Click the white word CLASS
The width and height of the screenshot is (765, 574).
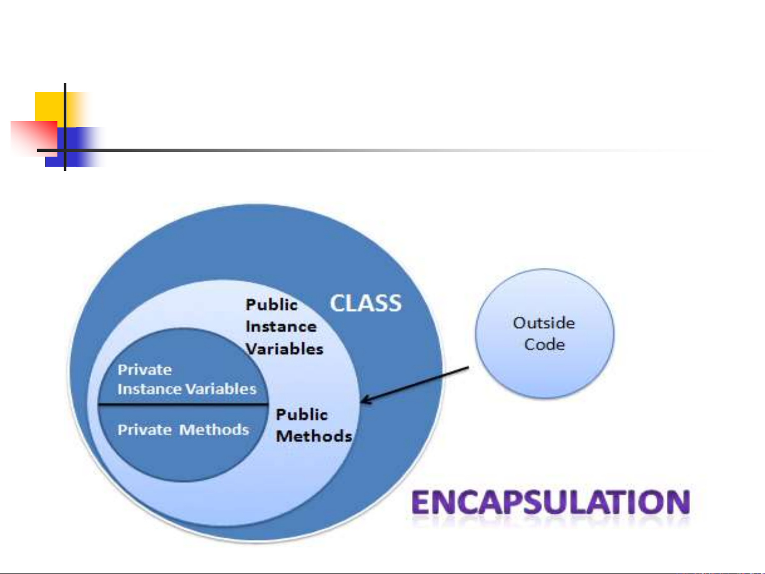366,303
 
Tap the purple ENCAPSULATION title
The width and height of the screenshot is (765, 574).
551,502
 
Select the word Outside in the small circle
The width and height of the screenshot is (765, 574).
544,323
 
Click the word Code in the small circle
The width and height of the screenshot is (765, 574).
544,345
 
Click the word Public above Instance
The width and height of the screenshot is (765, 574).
271,305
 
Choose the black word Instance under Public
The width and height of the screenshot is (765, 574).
281,327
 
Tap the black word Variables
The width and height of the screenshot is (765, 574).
285,349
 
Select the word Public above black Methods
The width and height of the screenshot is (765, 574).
302,414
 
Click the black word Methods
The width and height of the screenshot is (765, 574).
314,436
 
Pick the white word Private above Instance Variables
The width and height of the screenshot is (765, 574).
144,370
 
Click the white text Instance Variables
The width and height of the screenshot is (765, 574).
187,389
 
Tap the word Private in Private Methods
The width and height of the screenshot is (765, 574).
144,430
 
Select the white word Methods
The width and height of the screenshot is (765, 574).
214,430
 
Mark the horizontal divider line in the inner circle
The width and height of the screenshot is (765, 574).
183,404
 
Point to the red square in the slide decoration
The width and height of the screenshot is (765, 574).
34,139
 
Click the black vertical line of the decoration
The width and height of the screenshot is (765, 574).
65,127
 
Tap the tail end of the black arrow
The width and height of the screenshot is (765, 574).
469,367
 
